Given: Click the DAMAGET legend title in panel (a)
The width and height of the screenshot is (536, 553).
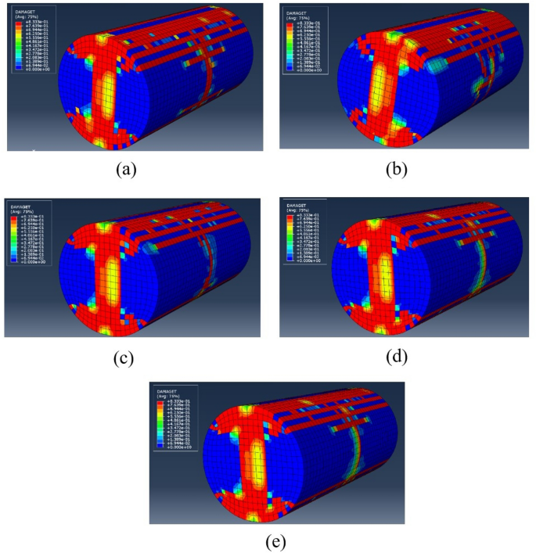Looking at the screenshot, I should coord(23,11).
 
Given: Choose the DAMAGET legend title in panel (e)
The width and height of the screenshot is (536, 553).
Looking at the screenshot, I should coord(166,389).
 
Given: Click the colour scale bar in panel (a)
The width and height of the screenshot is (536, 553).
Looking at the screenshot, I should coord(17,44).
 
